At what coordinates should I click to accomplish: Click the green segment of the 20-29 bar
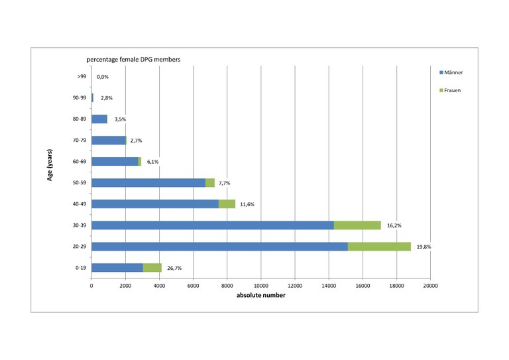(379, 247)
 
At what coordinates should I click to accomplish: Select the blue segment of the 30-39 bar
(213, 225)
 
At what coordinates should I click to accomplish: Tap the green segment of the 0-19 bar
(152, 268)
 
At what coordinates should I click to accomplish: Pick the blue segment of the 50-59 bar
(148, 183)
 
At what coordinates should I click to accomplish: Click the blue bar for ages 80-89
(99, 119)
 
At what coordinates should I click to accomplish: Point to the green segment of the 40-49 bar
(227, 204)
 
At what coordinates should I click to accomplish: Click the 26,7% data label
(174, 269)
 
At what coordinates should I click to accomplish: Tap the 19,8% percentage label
(424, 247)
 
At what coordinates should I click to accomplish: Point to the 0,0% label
(103, 77)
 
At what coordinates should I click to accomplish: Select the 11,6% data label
(247, 205)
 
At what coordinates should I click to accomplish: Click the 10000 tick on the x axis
(260, 285)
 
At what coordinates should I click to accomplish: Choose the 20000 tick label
(430, 285)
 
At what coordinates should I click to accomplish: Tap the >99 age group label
(81, 77)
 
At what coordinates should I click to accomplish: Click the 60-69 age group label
(80, 162)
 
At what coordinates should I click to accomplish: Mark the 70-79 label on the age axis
(80, 141)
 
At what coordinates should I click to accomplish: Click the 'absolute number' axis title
(261, 295)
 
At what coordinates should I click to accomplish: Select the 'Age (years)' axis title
(50, 173)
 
